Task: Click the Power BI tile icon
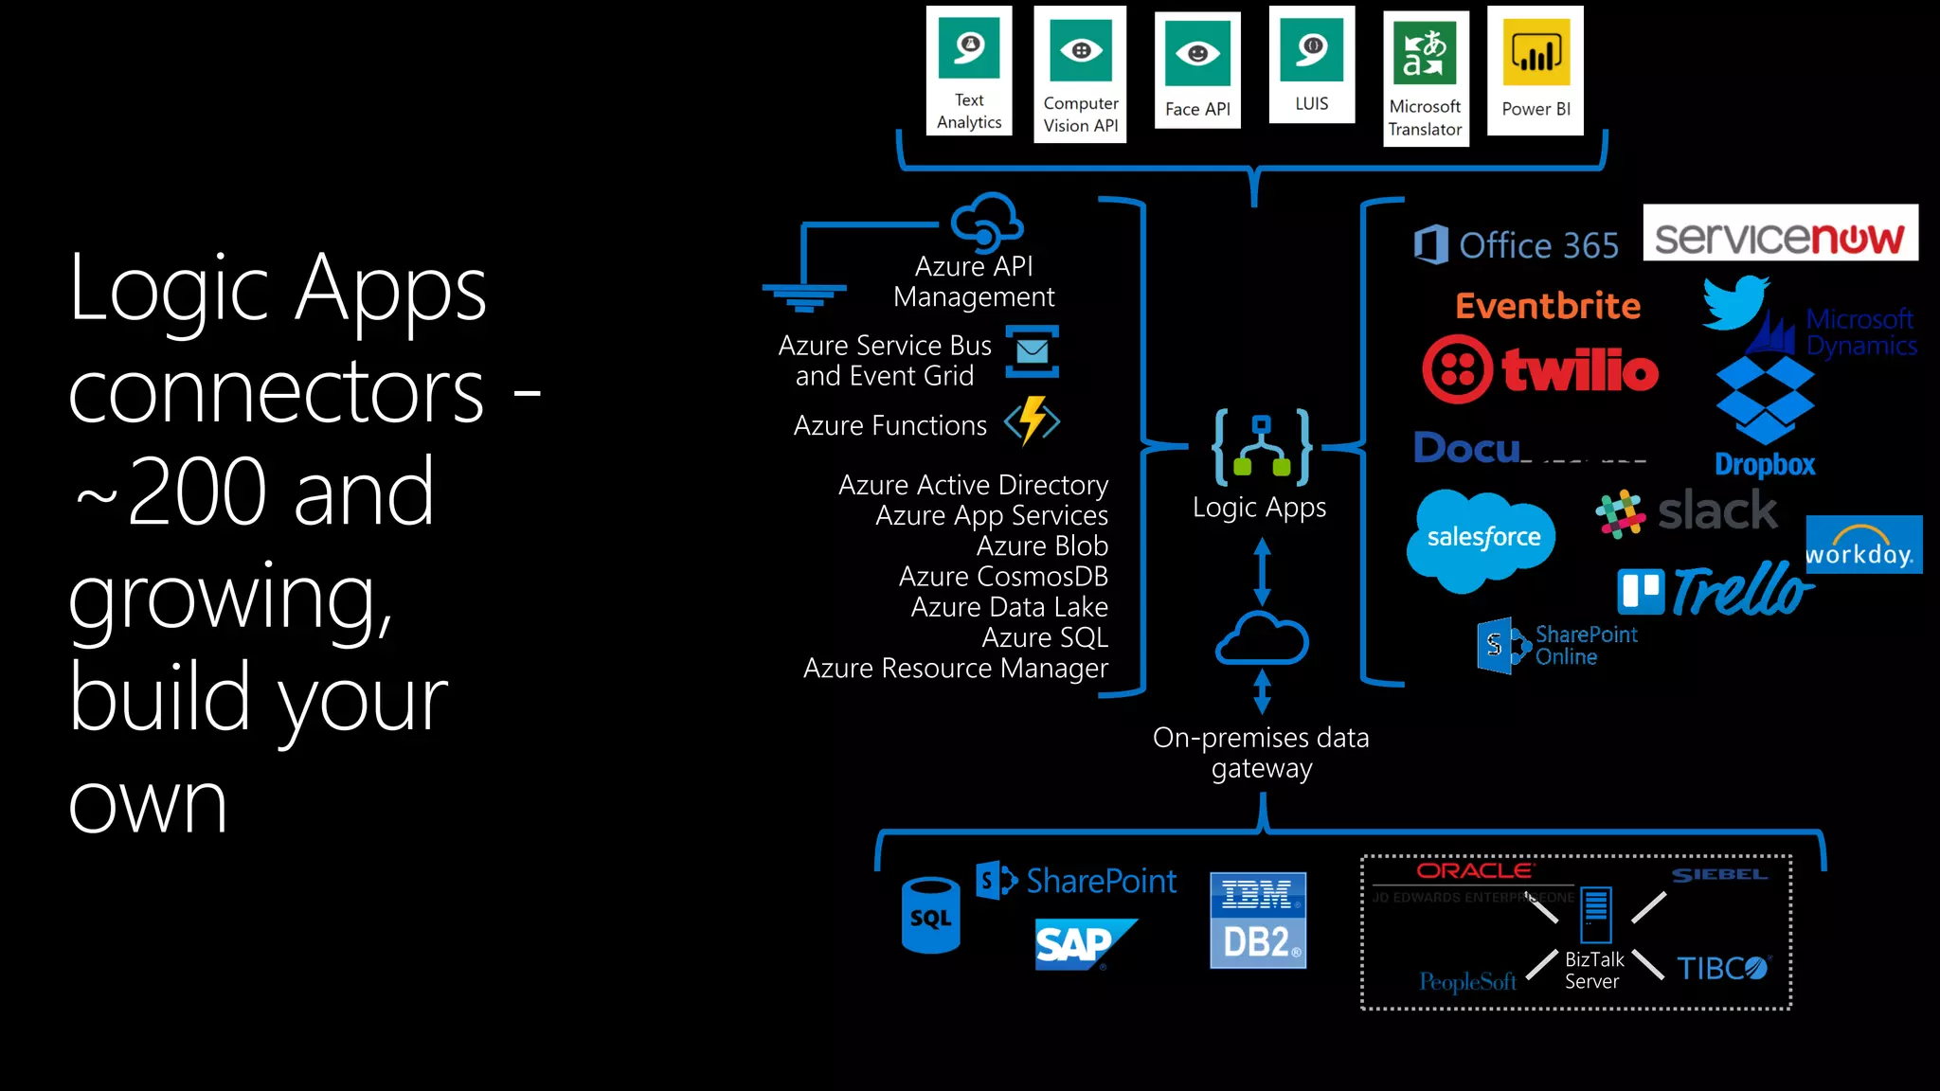[1536, 53]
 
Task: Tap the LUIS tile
[1311, 64]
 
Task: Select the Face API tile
[1197, 70]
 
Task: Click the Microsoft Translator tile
[1425, 78]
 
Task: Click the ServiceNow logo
[1779, 234]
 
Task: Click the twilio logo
[1540, 369]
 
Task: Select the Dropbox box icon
[1765, 400]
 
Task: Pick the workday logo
[1862, 545]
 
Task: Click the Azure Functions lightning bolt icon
[1033, 421]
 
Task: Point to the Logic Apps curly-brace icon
[1261, 446]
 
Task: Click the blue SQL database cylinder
[930, 915]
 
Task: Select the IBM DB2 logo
[1257, 920]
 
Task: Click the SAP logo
[1080, 943]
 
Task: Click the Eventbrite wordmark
[1547, 306]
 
